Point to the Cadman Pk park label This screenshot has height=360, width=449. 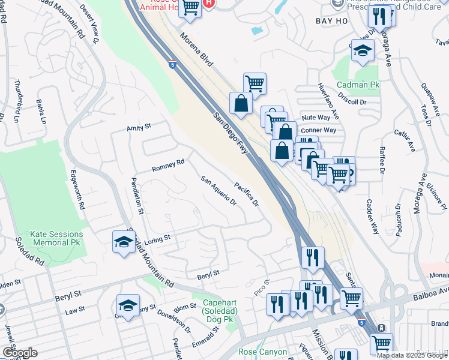pyautogui.click(x=358, y=86)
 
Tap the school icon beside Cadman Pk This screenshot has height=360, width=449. pyautogui.click(x=363, y=52)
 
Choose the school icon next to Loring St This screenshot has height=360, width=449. pyautogui.click(x=124, y=242)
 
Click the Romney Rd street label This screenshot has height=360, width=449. pyautogui.click(x=167, y=166)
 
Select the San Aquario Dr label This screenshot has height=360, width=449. pyautogui.click(x=218, y=191)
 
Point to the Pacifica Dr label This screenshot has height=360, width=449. pyautogui.click(x=247, y=194)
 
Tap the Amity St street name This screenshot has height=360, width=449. pyautogui.click(x=138, y=127)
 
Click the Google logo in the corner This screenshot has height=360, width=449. pyautogui.click(x=20, y=353)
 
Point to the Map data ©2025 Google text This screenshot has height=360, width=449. pyautogui.click(x=412, y=355)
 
